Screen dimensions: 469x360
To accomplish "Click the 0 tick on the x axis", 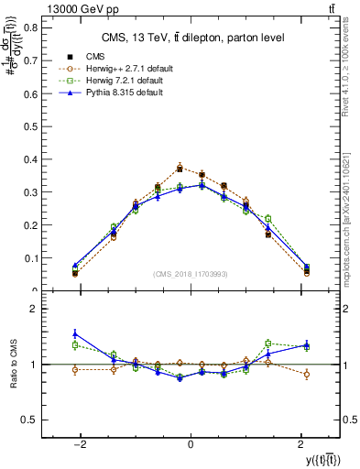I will (x=190, y=443).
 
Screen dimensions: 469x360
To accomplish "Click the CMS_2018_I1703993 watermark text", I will (x=190, y=274).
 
